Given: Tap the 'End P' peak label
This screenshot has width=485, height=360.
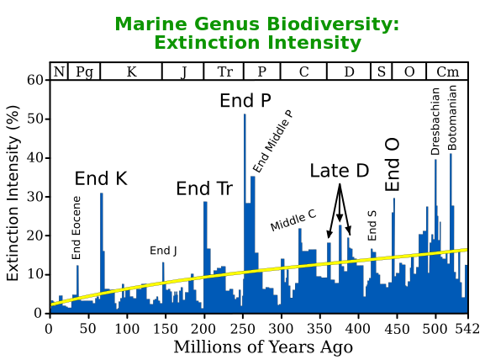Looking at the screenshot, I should point(245,101).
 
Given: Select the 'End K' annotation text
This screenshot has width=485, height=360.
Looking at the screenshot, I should point(101,178).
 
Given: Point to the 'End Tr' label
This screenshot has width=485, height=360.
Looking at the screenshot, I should point(204,188).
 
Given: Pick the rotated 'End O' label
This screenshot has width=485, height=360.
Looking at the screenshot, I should point(393,165).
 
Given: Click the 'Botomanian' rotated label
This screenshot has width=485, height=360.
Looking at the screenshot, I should point(452,116).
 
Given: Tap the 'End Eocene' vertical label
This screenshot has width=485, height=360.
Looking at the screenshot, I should point(76,227).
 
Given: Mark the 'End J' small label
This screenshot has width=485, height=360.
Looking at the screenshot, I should point(164,250).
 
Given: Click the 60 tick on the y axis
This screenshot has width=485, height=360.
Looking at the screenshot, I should point(34,80).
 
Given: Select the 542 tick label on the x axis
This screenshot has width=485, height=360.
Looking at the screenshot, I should point(467,329).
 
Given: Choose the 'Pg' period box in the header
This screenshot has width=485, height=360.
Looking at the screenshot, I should point(84,71).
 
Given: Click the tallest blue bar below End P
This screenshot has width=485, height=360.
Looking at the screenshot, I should point(245,210).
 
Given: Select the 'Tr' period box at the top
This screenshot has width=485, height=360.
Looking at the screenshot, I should point(225,71).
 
